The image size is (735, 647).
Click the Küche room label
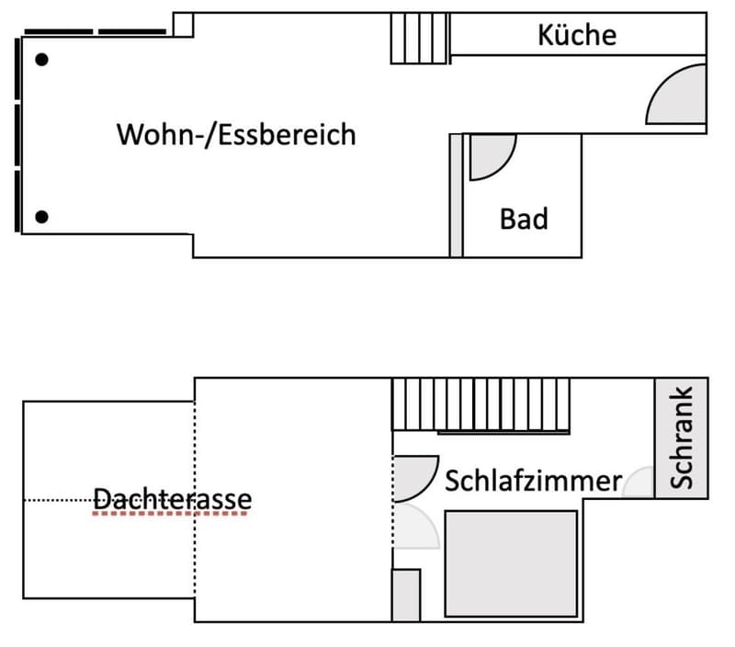(x=577, y=35)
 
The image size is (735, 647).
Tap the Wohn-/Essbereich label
(x=236, y=134)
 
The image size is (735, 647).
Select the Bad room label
(x=524, y=219)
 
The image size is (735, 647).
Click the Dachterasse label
(x=172, y=499)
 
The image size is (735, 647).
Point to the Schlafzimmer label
(x=534, y=481)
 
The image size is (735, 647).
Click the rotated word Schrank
(x=681, y=437)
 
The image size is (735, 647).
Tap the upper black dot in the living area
(x=41, y=60)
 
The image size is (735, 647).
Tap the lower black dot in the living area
(x=41, y=217)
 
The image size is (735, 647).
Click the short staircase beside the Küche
(x=420, y=38)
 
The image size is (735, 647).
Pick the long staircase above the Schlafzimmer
(x=481, y=404)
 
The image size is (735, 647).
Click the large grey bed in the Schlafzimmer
(x=511, y=564)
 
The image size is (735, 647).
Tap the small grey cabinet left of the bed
(x=406, y=596)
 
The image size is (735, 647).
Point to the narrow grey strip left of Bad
(x=456, y=196)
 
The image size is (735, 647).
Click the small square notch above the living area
(x=183, y=25)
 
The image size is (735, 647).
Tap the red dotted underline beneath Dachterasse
(x=170, y=514)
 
